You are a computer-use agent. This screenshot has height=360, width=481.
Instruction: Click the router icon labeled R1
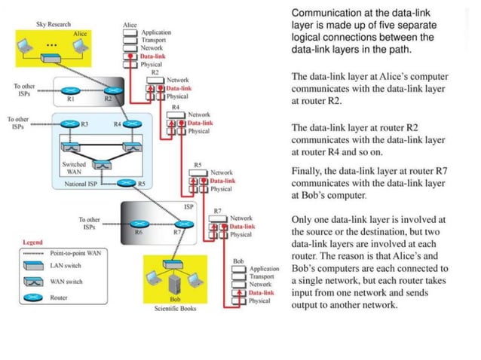[x=70, y=90]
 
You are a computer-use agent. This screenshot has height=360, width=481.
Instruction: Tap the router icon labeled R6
[x=137, y=223]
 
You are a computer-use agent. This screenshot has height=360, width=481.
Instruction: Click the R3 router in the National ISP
[x=69, y=124]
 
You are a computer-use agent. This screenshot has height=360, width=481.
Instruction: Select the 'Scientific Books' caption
[x=175, y=309]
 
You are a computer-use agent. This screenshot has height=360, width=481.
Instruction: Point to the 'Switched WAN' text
[x=73, y=167]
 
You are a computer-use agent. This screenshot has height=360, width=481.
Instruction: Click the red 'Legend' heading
[x=32, y=243]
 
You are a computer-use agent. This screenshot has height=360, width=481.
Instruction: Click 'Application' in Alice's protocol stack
[x=156, y=32]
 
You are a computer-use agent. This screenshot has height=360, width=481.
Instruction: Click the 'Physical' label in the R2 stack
[x=177, y=96]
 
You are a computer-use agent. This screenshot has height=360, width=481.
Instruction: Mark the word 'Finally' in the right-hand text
[x=308, y=171]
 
